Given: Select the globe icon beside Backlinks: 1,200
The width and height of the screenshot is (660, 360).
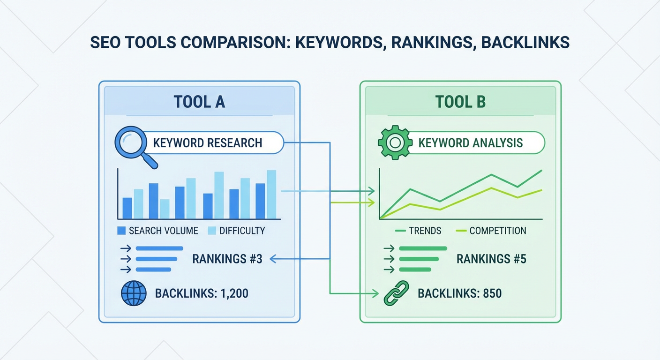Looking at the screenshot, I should click(x=134, y=294).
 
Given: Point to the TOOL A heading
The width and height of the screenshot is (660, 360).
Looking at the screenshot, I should click(x=199, y=102).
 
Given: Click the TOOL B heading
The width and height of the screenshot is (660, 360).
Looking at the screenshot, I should click(x=460, y=102).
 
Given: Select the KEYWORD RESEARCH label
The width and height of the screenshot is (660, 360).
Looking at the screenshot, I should click(x=208, y=142).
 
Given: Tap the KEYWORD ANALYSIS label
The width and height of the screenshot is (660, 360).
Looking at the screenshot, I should click(x=470, y=142).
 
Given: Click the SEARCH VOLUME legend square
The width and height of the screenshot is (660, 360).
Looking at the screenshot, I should click(x=121, y=231).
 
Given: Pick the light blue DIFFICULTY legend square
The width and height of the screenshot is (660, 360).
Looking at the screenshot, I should click(x=211, y=231).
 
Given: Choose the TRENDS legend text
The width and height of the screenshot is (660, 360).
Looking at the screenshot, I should click(x=425, y=231).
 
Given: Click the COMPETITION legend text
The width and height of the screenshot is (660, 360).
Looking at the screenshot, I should click(x=497, y=231).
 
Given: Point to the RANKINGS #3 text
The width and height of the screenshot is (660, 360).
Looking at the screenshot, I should click(x=227, y=258).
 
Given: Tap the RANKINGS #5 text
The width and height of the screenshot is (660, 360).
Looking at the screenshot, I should click(x=491, y=258).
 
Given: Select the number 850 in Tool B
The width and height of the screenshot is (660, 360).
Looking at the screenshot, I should click(x=491, y=294).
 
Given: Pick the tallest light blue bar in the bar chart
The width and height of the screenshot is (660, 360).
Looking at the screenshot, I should click(x=271, y=194).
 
